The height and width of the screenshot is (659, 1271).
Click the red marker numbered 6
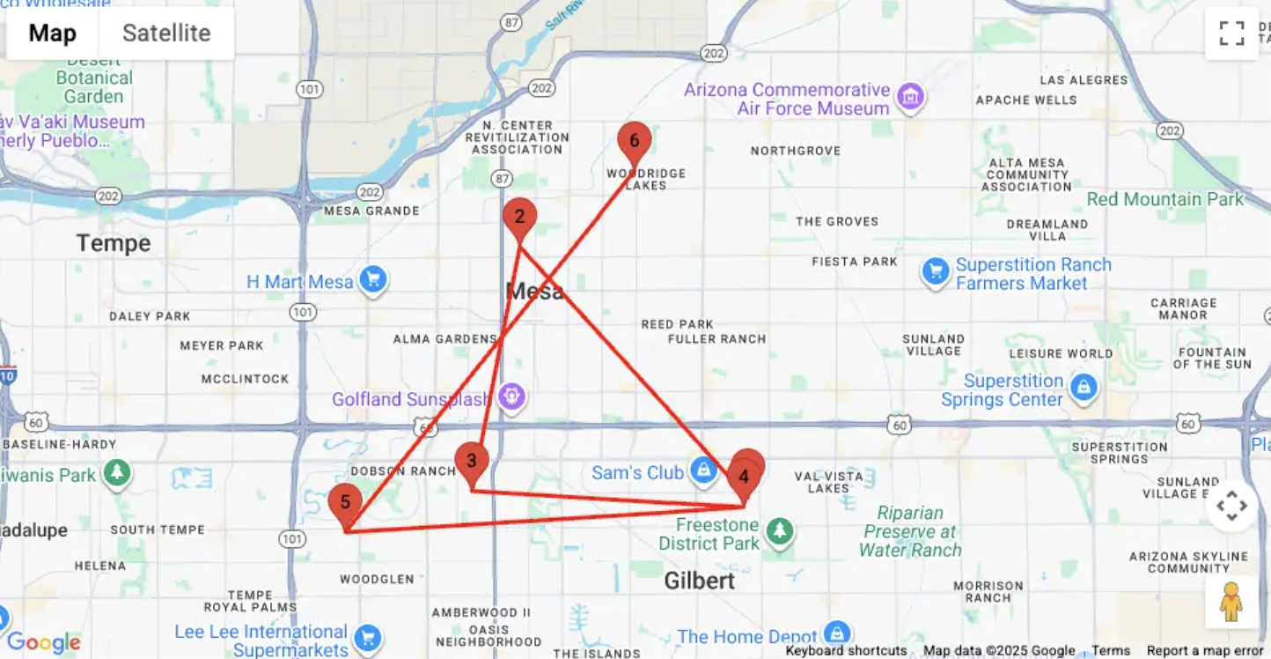coord(634,141)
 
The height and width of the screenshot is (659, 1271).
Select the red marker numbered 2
coord(519,217)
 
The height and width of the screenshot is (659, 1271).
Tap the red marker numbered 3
coord(472,461)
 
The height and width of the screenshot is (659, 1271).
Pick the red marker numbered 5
coord(345,502)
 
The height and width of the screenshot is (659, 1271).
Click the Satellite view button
coord(166,33)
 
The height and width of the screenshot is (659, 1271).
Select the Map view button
coord(53,33)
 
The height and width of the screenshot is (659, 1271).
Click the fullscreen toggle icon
coord(1231,33)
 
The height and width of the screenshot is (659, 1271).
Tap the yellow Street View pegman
coord(1231,602)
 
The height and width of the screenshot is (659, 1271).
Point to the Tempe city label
coord(114,243)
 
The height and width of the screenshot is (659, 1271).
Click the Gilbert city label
coord(700,581)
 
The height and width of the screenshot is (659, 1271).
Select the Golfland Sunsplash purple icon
coord(511,397)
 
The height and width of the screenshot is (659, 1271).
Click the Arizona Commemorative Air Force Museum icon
coord(910,96)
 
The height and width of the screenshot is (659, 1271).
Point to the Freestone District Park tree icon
coord(779,531)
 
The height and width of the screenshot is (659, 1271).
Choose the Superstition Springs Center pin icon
coord(1084,388)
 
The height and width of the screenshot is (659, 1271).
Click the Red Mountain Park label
coord(1164,199)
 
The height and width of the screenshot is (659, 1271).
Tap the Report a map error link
coord(1204,651)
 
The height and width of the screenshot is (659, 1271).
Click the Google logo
coord(43,643)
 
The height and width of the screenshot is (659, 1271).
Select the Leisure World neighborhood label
coord(1061,353)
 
